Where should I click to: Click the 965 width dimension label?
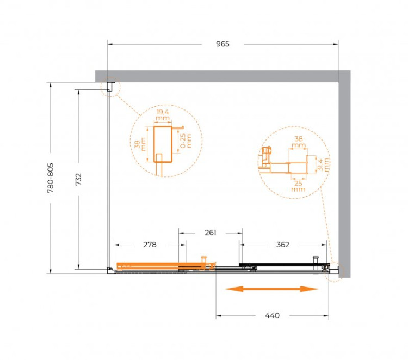222,44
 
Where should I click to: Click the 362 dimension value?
282,245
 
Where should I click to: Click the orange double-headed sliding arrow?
271,289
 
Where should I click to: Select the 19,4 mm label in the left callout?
162,115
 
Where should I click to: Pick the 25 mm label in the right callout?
298,186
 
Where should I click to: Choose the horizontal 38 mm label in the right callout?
298,142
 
